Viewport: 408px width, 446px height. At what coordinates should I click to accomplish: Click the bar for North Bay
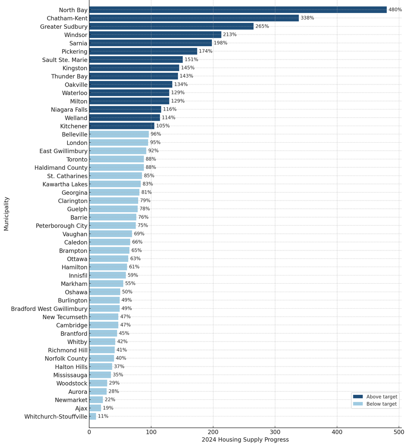pos(238,10)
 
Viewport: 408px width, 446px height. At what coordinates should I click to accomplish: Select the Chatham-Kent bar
pos(194,18)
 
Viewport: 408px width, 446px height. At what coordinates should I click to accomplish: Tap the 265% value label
pos(262,26)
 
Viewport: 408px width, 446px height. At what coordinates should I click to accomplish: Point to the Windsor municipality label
pos(76,35)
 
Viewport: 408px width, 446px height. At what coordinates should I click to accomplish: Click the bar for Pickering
pos(143,51)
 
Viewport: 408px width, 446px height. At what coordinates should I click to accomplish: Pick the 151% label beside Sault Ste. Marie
pos(191,59)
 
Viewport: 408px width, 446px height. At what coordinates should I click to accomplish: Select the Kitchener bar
pos(122,126)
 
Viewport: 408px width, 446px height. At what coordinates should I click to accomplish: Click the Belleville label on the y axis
pos(75,134)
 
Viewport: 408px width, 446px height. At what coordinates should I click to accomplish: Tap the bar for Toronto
pos(117,159)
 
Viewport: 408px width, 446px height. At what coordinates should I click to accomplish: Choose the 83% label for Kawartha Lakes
pos(148,184)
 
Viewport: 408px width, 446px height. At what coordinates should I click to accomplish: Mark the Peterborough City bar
pos(112,225)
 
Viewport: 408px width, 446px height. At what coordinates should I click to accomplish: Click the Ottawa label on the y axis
pos(77,259)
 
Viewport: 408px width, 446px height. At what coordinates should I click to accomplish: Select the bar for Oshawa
pos(104,292)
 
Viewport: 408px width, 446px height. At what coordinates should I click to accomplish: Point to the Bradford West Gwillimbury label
pos(49,309)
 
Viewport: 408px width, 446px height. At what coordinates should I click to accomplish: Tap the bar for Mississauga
pos(100,375)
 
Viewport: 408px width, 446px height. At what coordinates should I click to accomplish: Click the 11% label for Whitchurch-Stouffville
pos(103,416)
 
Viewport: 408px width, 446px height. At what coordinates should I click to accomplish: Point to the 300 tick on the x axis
pos(275,432)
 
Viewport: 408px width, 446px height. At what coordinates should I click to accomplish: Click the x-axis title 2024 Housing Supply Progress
pos(245,440)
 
